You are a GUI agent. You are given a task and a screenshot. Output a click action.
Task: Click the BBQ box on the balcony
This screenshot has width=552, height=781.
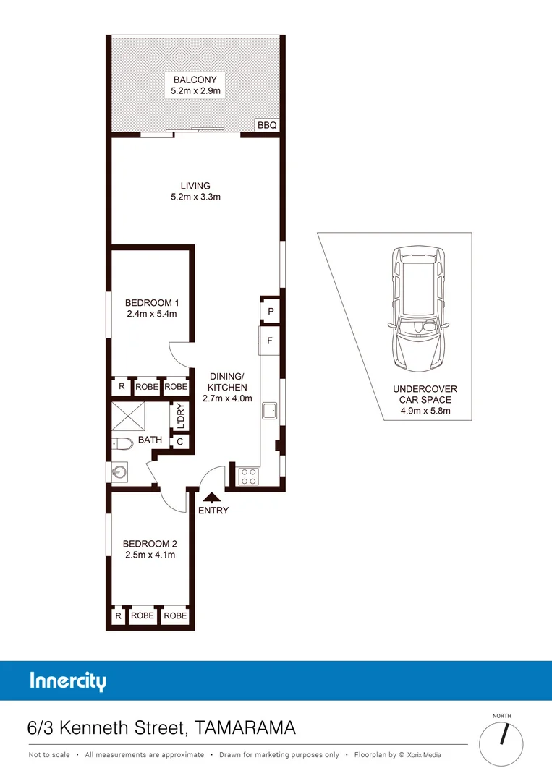pyautogui.click(x=267, y=125)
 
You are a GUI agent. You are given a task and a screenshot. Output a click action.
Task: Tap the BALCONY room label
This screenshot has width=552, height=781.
pyautogui.click(x=195, y=80)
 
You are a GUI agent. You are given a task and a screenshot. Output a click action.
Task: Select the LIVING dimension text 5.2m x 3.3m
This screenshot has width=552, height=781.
pyautogui.click(x=195, y=197)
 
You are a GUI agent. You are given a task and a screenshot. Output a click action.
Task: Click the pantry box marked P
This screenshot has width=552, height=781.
pyautogui.click(x=270, y=312)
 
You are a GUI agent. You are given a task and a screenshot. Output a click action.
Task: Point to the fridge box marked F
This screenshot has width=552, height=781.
pyautogui.click(x=270, y=341)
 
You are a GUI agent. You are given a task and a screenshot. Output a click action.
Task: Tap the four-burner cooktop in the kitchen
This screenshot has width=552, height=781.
pyautogui.click(x=248, y=477)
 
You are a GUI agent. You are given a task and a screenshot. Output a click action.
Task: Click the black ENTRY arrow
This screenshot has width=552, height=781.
pyautogui.click(x=211, y=498)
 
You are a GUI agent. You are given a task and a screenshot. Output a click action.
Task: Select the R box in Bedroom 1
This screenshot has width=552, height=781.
pyautogui.click(x=121, y=387)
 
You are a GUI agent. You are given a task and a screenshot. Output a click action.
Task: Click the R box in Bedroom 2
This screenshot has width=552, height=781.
pyautogui.click(x=118, y=615)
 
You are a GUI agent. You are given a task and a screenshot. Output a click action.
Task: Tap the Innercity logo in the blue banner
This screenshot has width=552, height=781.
pyautogui.click(x=68, y=681)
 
